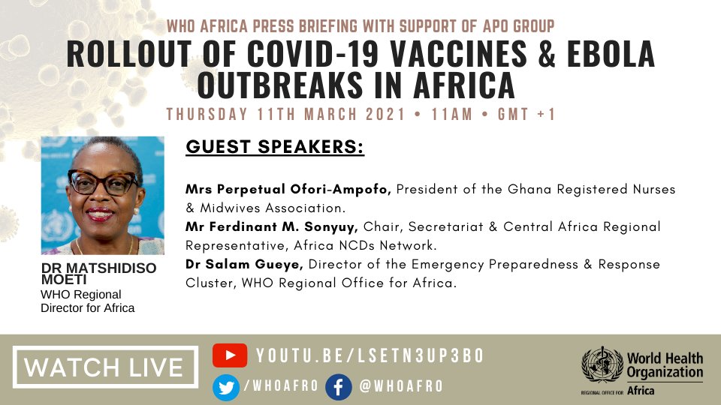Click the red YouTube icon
(x=230, y=355)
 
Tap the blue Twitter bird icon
(x=225, y=386)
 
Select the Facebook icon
(x=339, y=386)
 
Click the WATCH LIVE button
(x=105, y=367)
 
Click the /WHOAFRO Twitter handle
(x=281, y=386)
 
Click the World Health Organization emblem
(x=602, y=366)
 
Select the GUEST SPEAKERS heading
(x=275, y=147)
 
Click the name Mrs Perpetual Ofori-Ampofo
(x=288, y=190)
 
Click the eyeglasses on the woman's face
(x=103, y=181)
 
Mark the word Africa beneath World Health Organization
(x=640, y=391)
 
